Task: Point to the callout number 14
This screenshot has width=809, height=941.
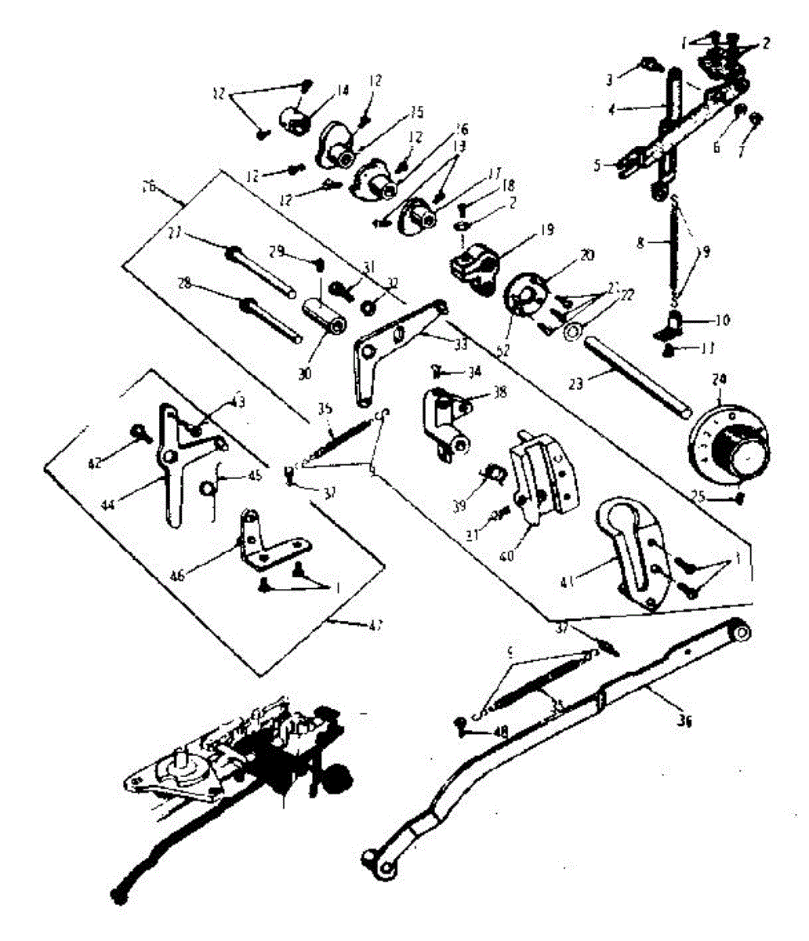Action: coord(342,90)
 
